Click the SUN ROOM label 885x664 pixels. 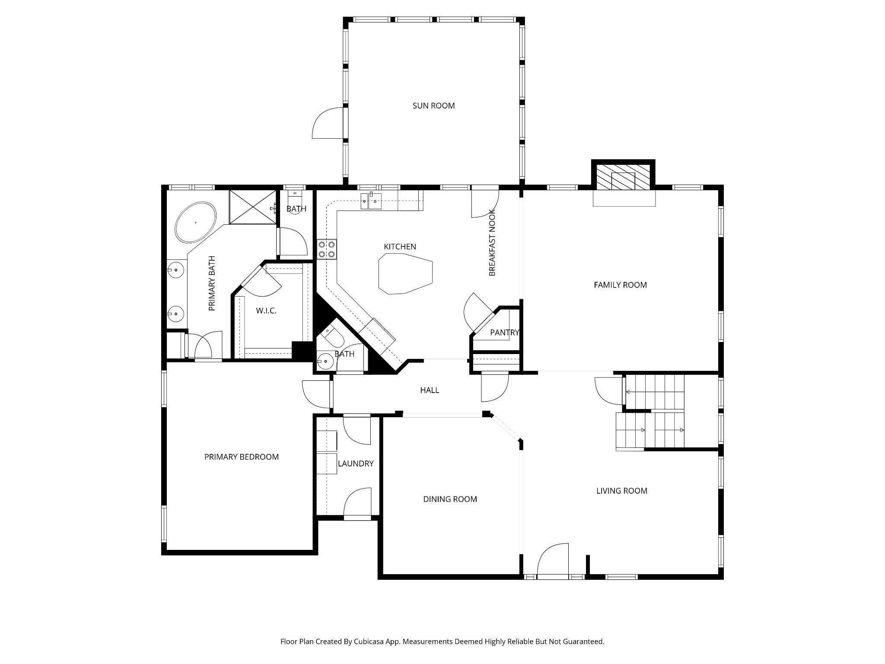tap(433, 105)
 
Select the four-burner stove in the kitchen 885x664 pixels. tap(327, 249)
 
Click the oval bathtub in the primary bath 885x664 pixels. tap(195, 222)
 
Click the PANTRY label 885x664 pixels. tap(504, 332)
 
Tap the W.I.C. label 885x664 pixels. tap(266, 311)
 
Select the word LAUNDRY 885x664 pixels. tap(356, 463)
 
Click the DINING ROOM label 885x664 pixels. tap(450, 499)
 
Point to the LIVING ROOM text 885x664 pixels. tap(621, 491)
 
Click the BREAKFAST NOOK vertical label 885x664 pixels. tap(492, 243)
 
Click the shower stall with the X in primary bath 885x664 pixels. tap(253, 207)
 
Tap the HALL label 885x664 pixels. tap(430, 390)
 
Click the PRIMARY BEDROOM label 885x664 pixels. tap(241, 457)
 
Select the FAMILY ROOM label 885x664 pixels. tap(620, 285)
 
